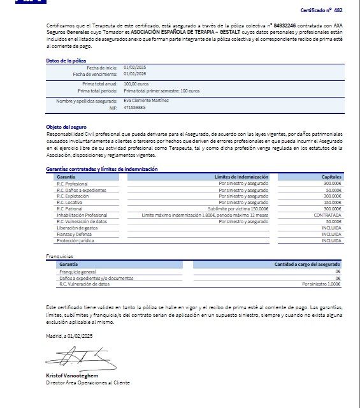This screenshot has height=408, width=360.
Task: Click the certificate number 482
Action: point(338,11)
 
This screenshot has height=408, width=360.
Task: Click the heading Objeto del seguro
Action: point(66,127)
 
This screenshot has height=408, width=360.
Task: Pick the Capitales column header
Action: point(331,177)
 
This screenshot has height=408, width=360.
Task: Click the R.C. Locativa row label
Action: point(69,202)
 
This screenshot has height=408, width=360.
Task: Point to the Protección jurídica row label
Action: point(75,240)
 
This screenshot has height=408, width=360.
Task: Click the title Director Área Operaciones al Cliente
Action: point(87,382)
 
